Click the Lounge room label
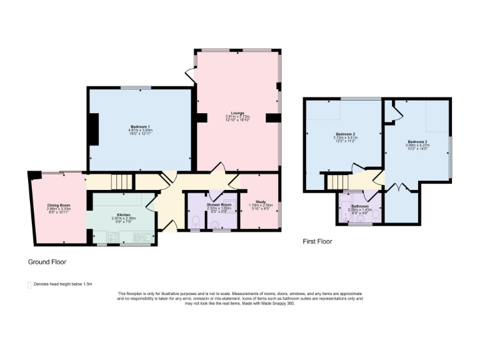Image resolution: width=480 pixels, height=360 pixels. (x=237, y=116)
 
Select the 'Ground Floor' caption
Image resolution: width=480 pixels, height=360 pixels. (x=47, y=262)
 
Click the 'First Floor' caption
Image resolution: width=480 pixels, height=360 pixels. (x=317, y=241)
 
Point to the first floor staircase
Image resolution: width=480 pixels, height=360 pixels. (x=337, y=181)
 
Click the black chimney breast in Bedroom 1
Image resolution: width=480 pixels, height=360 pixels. (x=92, y=130)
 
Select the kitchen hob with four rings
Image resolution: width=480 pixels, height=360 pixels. (x=113, y=236)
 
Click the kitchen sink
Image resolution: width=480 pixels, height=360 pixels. (x=143, y=236)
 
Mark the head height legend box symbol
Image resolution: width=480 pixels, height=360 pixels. (x=29, y=285)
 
